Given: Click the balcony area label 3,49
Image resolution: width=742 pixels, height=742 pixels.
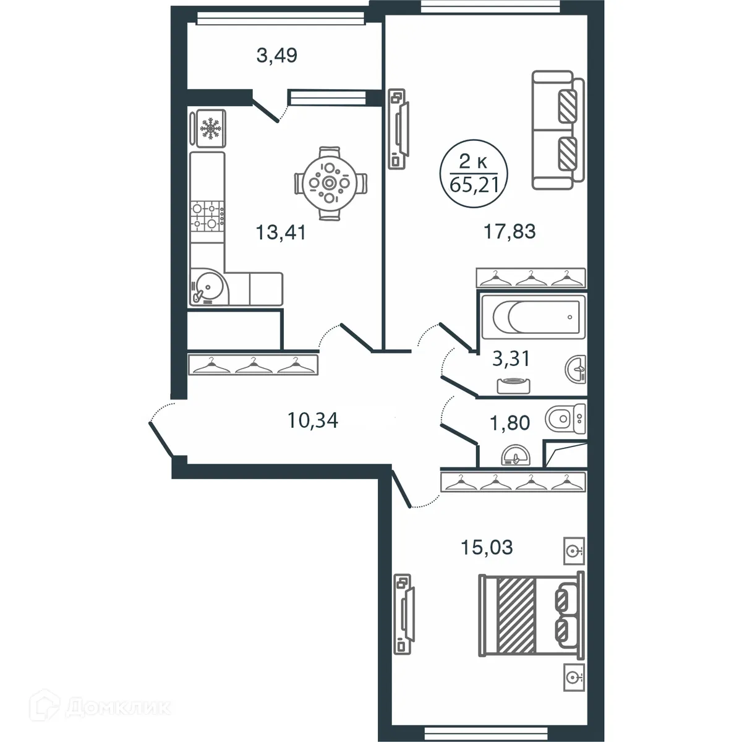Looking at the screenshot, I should pyautogui.click(x=277, y=56).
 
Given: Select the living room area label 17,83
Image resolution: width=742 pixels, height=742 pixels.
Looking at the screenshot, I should pyautogui.click(x=510, y=231).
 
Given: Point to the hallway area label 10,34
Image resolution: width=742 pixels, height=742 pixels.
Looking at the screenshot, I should pyautogui.click(x=313, y=421).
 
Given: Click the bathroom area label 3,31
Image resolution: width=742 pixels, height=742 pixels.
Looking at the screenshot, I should pyautogui.click(x=511, y=358).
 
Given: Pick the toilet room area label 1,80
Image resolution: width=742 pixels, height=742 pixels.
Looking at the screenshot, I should pyautogui.click(x=510, y=423).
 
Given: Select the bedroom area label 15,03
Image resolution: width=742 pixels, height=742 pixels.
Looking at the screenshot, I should pyautogui.click(x=487, y=547).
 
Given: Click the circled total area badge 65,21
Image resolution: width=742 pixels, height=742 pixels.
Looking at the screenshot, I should pyautogui.click(x=474, y=174).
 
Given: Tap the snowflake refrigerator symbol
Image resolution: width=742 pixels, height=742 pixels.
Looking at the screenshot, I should pyautogui.click(x=210, y=129).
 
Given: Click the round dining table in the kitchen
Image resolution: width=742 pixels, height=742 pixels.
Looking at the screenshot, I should pyautogui.click(x=330, y=183).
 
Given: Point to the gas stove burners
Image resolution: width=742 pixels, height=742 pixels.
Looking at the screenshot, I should pyautogui.click(x=208, y=216).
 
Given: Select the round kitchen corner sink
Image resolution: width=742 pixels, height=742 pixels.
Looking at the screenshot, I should pyautogui.click(x=208, y=288).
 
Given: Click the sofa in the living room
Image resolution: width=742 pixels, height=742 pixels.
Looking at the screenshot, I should pyautogui.click(x=558, y=130).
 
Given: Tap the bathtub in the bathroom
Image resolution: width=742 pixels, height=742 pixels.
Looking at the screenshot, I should pyautogui.click(x=531, y=317).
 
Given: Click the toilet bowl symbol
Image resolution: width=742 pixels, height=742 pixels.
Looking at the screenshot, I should pyautogui.click(x=565, y=419).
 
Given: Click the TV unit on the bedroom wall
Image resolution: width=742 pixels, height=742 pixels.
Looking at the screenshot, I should pyautogui.click(x=404, y=612).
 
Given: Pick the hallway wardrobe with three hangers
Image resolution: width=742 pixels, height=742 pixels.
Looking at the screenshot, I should pyautogui.click(x=254, y=365).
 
